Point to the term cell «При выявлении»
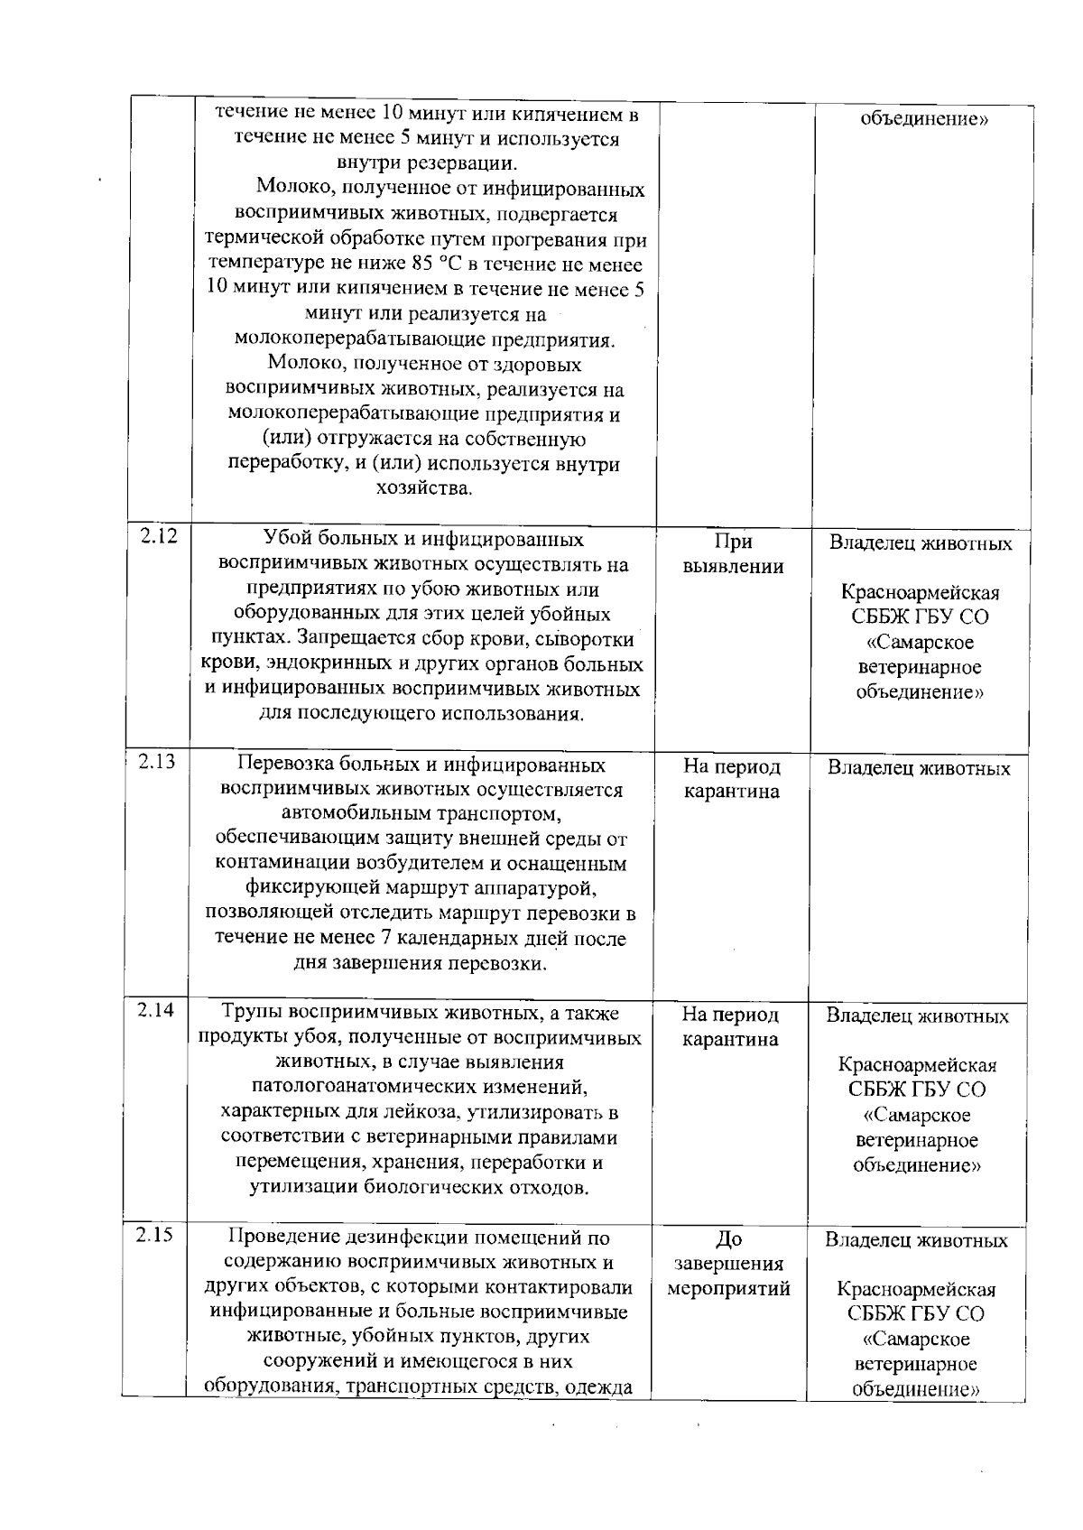tap(732, 553)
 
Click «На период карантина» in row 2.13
tap(731, 779)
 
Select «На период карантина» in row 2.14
tap(730, 1027)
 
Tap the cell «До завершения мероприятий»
tap(728, 1263)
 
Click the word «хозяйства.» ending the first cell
tap(423, 488)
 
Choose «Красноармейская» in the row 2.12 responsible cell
tap(920, 593)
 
